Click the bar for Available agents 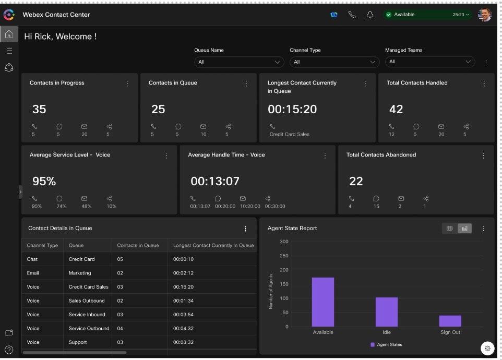(322, 302)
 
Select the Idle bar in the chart (386, 312)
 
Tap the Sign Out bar (450, 321)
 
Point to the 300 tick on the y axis (284, 242)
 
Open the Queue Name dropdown (239, 62)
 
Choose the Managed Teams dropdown (429, 62)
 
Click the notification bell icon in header (370, 15)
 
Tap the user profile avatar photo (484, 15)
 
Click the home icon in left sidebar (9, 34)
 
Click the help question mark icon (9, 350)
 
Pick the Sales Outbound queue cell (87, 301)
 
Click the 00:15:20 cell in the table (183, 287)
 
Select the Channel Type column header (42, 245)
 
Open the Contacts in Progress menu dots (127, 83)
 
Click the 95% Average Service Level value (44, 182)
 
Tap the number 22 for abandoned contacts (356, 182)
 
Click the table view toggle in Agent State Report (449, 228)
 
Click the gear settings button (487, 348)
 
